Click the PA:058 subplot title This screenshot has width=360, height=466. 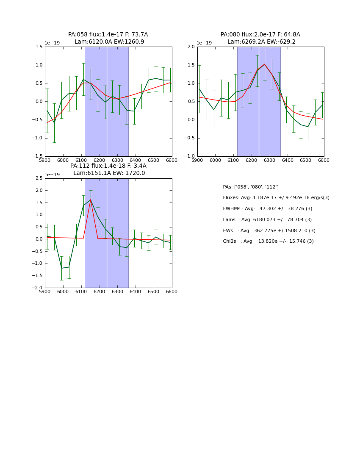coord(108,38)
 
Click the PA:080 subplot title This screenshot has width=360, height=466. coord(260,38)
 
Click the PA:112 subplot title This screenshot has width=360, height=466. coord(108,169)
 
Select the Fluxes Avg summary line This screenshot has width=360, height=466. coord(276,198)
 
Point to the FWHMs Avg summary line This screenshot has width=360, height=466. coord(268,209)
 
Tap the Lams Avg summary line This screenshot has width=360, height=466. coord(267,220)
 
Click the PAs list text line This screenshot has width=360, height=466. coord(251,187)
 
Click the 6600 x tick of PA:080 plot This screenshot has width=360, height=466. coord(324,161)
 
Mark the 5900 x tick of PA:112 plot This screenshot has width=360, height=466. coord(45,292)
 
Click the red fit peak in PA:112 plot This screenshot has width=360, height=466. coord(91,200)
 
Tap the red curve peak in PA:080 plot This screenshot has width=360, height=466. coord(265,64)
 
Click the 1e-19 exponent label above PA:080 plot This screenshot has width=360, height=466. coord(204,43)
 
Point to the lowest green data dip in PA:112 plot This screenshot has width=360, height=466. coord(62,268)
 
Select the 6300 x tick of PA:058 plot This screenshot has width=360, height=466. coord(117,161)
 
